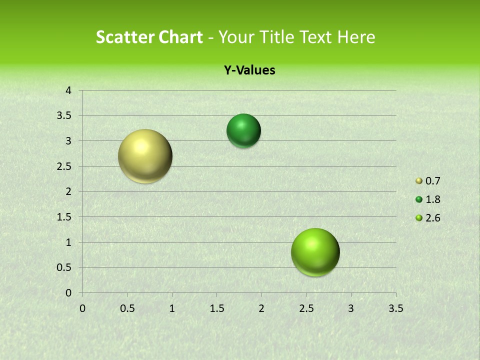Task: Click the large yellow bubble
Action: point(145,156)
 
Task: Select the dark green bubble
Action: point(243,130)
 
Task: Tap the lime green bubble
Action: point(315,252)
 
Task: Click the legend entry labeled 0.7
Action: point(428,181)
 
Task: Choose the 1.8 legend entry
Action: point(428,199)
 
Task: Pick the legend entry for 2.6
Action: point(428,218)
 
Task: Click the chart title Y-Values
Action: point(249,70)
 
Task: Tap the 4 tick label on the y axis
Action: point(69,90)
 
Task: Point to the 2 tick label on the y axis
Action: point(69,191)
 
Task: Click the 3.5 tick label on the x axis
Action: point(395,308)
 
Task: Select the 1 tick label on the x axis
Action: point(172,308)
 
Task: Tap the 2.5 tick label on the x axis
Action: point(306,308)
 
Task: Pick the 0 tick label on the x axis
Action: point(82,308)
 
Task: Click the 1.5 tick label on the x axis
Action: point(216,308)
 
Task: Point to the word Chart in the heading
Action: point(181,37)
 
